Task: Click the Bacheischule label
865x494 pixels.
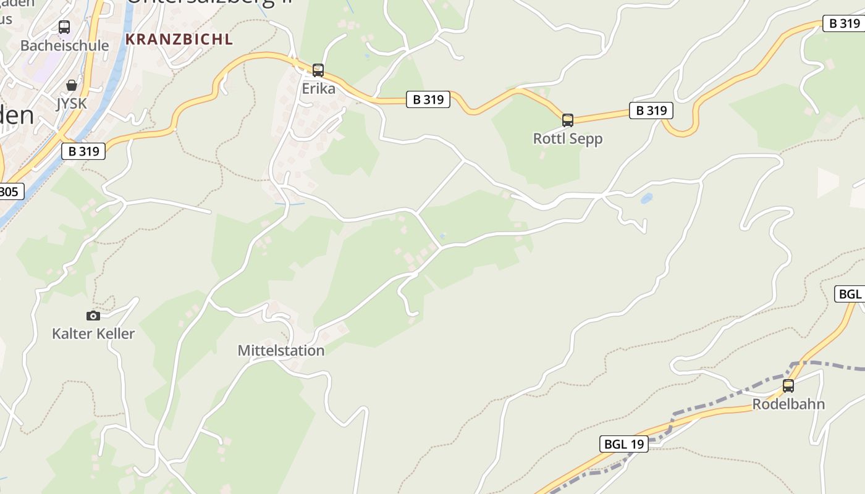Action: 64,46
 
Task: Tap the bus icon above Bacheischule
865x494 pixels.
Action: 64,27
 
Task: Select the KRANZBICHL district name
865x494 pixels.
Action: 179,40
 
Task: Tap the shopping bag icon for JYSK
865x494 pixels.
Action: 72,85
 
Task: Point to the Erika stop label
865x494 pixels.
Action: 318,89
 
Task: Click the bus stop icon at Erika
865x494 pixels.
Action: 318,70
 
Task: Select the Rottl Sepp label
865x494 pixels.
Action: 567,139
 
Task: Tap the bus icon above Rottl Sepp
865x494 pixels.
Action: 567,120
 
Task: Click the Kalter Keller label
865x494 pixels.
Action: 93,334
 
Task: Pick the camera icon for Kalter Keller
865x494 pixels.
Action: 93,316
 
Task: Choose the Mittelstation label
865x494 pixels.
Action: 281,351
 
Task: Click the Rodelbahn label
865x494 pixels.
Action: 788,404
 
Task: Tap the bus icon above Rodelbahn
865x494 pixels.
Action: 788,386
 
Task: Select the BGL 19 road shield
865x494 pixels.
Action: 624,444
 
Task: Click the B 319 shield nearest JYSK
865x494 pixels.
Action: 83,151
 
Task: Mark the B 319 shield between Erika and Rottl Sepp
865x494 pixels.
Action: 428,99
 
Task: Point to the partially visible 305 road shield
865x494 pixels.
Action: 10,192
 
